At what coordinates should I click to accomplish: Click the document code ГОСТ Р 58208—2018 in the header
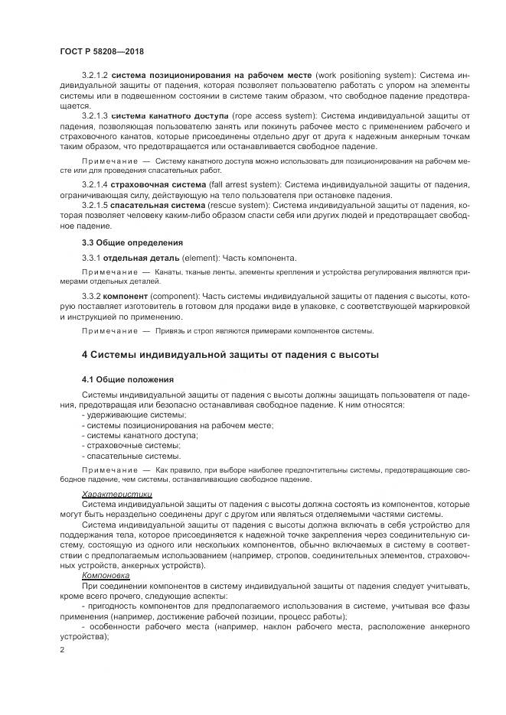[x=102, y=51]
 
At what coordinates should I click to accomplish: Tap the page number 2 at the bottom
[x=62, y=649]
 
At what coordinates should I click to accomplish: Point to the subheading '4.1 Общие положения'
[x=127, y=379]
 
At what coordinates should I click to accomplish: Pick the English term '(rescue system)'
[x=235, y=206]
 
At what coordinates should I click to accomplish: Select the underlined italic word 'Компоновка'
[x=106, y=575]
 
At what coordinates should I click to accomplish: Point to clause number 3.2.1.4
[x=95, y=186]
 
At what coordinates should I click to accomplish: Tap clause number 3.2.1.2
[x=95, y=76]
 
